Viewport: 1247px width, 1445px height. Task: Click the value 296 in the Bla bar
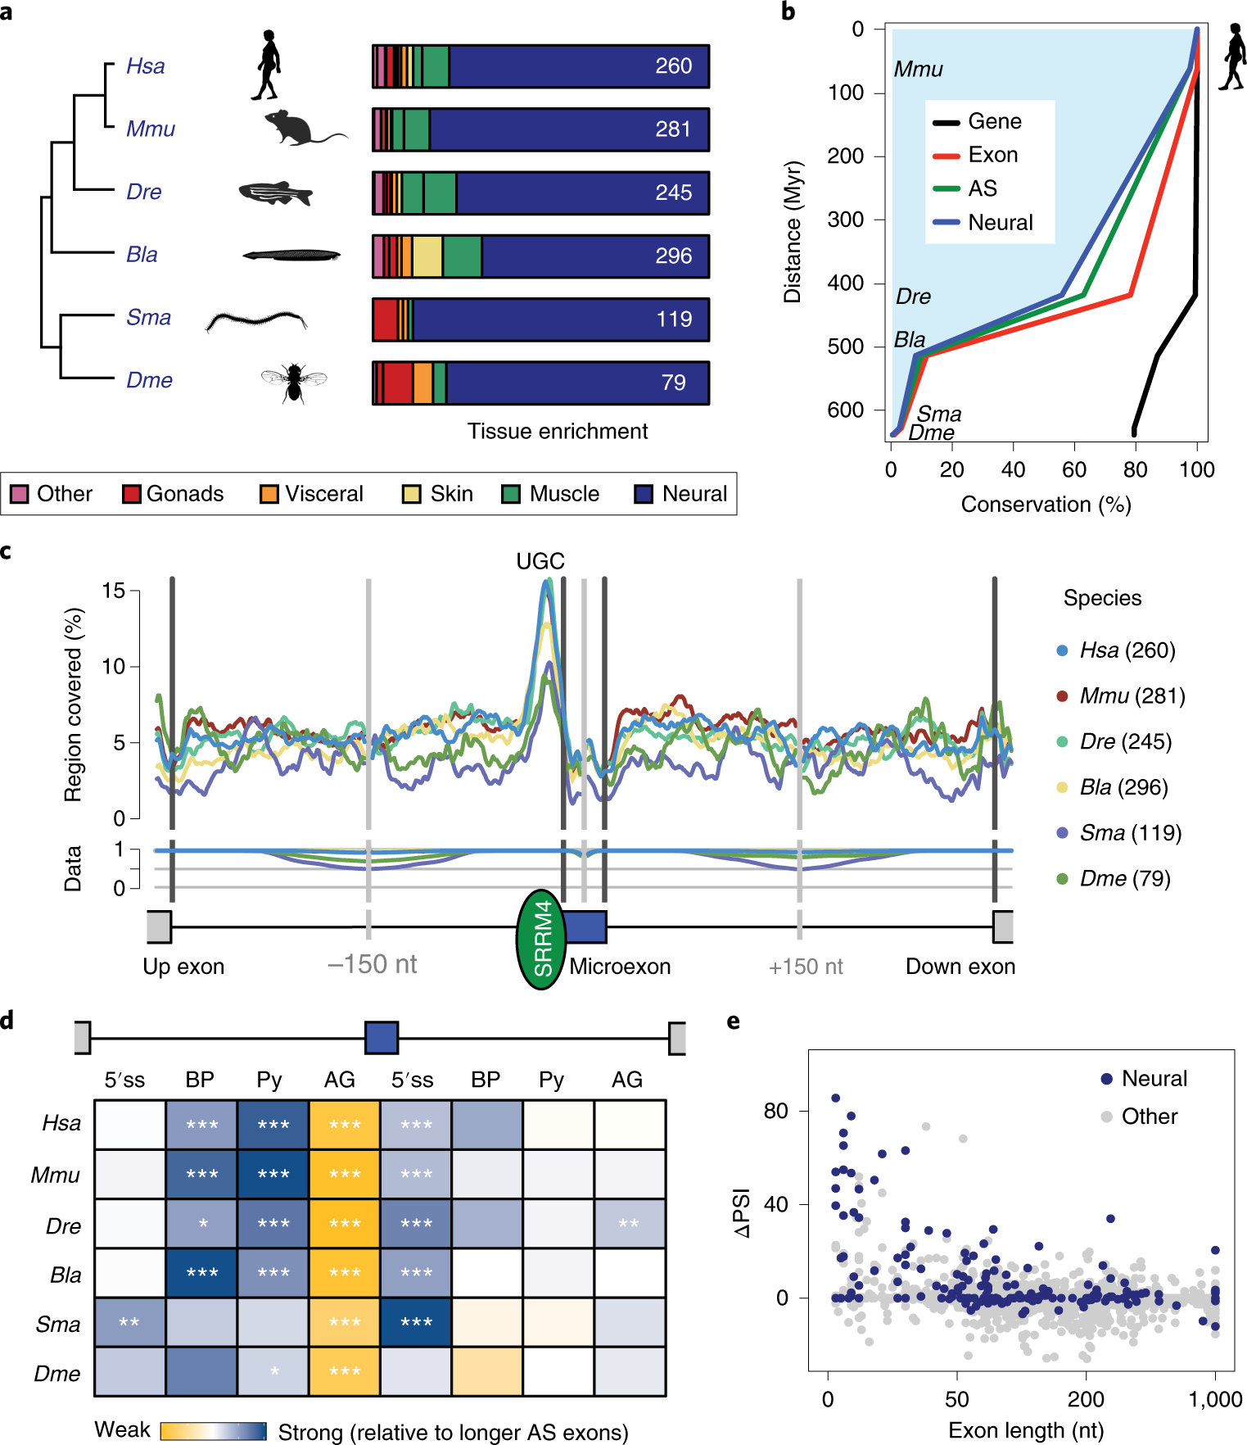click(x=673, y=256)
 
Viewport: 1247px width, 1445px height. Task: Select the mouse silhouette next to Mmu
click(x=299, y=129)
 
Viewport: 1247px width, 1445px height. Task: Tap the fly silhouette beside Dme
click(x=293, y=382)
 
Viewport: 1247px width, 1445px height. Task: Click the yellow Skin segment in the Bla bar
click(x=427, y=256)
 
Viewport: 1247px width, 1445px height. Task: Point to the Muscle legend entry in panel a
click(x=550, y=494)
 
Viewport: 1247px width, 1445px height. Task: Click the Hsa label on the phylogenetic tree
click(x=146, y=66)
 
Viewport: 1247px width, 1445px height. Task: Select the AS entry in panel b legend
click(x=982, y=188)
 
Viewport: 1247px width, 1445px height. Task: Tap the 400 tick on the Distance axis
click(x=845, y=283)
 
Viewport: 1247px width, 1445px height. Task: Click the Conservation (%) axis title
click(x=1046, y=505)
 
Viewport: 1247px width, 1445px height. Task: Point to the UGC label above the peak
click(x=540, y=561)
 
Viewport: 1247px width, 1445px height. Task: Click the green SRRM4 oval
click(x=541, y=940)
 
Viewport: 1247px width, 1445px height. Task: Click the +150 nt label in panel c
click(x=806, y=967)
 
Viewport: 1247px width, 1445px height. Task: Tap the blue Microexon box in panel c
click(x=585, y=926)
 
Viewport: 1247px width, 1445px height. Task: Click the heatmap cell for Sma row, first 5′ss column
click(x=129, y=1322)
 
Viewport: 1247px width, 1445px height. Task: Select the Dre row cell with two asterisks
click(x=629, y=1224)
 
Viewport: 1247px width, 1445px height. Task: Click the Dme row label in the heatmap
click(x=57, y=1374)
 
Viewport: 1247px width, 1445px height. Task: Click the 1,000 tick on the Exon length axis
click(x=1215, y=1399)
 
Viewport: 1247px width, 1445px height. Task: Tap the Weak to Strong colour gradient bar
click(x=213, y=1431)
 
